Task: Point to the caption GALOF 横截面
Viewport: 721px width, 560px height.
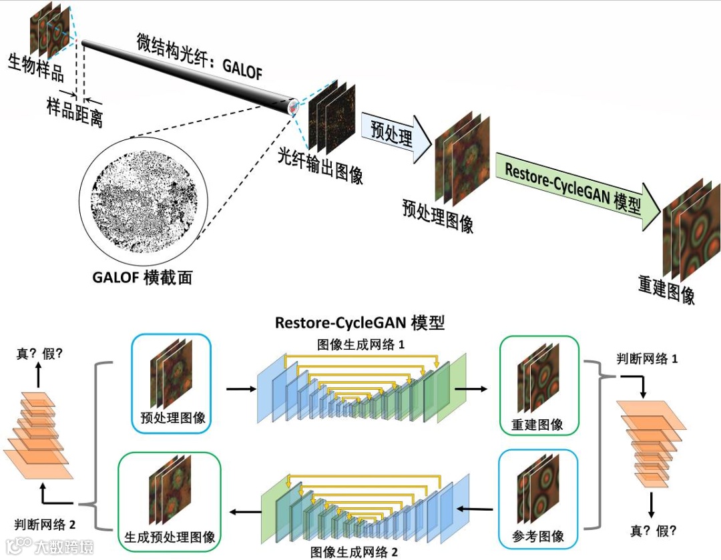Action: (x=142, y=276)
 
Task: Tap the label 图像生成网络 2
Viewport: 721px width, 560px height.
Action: (x=354, y=552)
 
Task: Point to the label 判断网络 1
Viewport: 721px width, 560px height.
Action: (x=647, y=359)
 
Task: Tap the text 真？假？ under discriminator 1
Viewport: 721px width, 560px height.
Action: (x=654, y=531)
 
